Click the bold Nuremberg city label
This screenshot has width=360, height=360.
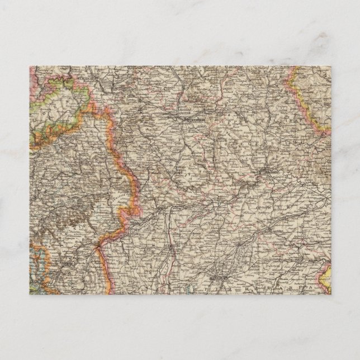pos(187,119)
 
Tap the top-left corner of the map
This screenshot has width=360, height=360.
pos(30,67)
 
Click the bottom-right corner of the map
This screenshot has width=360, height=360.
pos(330,294)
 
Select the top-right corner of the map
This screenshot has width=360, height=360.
pos(330,67)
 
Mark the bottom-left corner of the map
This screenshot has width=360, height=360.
pos(30,294)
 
